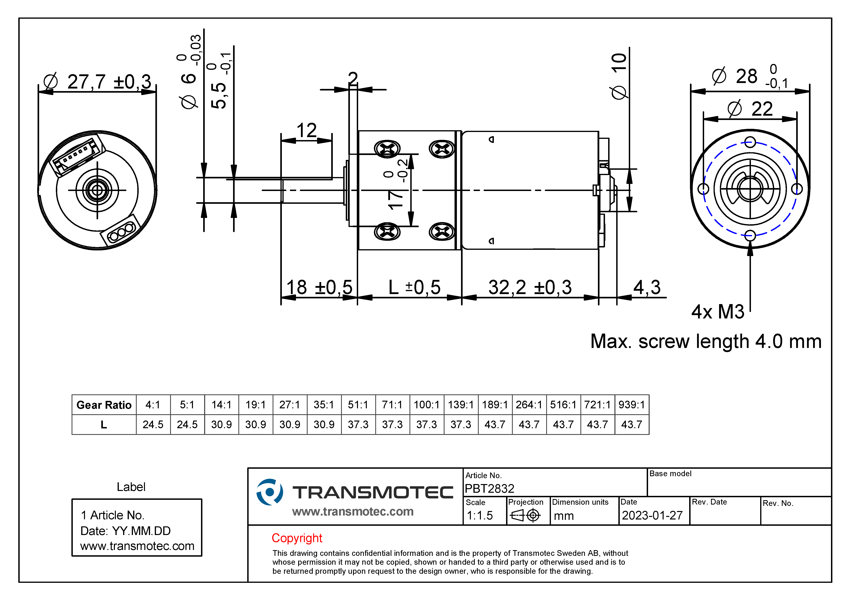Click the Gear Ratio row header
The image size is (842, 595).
104,405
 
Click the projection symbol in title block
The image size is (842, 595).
525,515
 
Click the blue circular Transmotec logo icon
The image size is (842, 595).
269,492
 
